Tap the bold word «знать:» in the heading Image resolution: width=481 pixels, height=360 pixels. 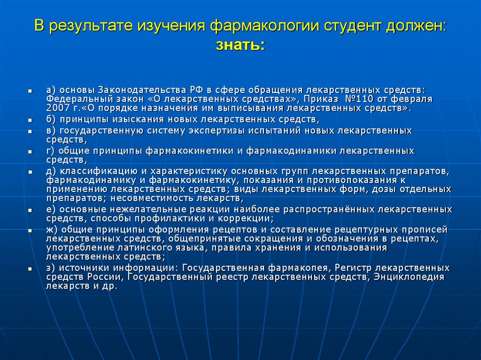click(240, 46)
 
